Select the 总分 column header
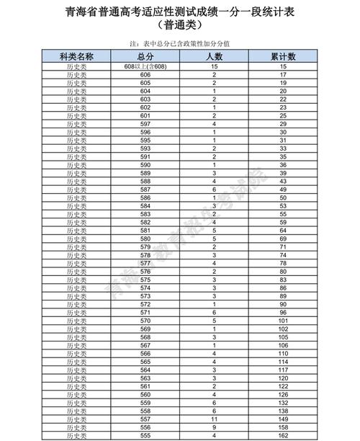click(145, 56)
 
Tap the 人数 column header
click(214, 56)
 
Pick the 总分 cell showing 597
click(145, 123)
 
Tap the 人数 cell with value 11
click(214, 418)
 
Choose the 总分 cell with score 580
click(145, 238)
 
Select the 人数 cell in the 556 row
click(214, 427)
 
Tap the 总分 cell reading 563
click(145, 378)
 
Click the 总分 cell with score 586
click(145, 197)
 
